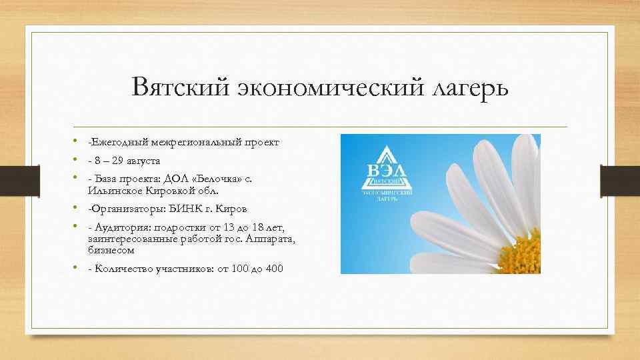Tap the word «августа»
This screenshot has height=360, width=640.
pos(146,161)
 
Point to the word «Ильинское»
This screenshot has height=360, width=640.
pos(110,190)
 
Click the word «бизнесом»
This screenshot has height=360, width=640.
pos(111,250)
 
